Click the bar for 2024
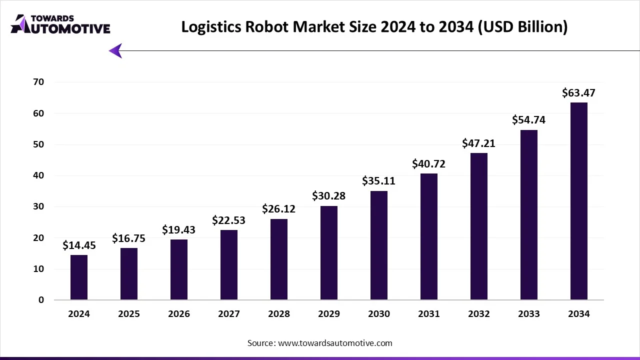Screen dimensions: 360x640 79,277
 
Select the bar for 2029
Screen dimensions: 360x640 329,253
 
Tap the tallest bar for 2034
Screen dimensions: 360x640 578,201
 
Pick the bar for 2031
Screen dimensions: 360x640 429,236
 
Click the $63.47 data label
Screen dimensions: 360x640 578,93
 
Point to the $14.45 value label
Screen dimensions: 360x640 79,245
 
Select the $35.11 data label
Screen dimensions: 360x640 378,181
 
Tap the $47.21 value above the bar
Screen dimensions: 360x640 478,143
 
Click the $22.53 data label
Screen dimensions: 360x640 228,220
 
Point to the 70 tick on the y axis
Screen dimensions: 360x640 39,82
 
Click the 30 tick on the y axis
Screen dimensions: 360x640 39,206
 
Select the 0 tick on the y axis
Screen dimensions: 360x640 41,300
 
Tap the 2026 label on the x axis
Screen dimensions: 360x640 179,314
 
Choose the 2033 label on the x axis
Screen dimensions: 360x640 528,314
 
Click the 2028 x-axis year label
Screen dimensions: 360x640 279,314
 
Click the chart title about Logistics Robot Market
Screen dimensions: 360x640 374,26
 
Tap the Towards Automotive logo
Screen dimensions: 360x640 60,24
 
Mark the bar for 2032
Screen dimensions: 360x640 478,226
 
